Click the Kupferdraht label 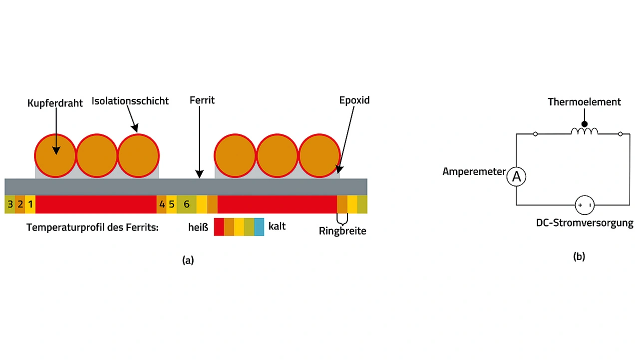[55, 103]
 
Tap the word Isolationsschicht [130, 101]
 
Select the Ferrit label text [202, 100]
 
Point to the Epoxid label [354, 100]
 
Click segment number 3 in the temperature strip [10, 204]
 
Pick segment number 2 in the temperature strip [20, 204]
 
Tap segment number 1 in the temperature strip [30, 204]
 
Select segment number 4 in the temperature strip [162, 204]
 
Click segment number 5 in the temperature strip [171, 204]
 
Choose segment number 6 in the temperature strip [187, 204]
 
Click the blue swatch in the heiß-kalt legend [259, 227]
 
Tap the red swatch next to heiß [219, 227]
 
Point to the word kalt [277, 226]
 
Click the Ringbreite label [342, 231]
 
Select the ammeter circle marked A [516, 177]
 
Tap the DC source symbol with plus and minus [585, 205]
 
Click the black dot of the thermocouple [585, 124]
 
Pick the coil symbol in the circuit [584, 131]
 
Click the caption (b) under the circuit [579, 257]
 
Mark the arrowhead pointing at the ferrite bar [199, 174]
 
